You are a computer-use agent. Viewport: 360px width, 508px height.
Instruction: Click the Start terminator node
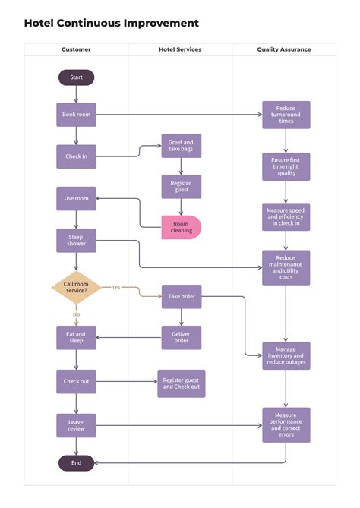click(x=76, y=77)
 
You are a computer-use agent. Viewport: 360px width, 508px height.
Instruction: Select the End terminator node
click(x=76, y=462)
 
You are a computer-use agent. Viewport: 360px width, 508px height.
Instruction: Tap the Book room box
click(x=76, y=115)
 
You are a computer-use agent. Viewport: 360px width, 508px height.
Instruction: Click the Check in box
click(x=76, y=156)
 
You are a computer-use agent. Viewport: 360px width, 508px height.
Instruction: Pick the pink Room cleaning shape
click(x=181, y=227)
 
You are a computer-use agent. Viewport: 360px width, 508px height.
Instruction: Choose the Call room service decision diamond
click(x=76, y=287)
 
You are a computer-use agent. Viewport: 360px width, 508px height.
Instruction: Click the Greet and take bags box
click(x=181, y=146)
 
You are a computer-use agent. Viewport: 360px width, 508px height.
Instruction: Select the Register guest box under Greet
click(x=181, y=186)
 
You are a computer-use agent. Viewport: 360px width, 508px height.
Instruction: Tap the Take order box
click(x=181, y=297)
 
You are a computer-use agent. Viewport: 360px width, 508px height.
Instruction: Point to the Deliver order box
click(x=181, y=337)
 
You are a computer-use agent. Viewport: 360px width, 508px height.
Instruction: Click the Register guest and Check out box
click(x=181, y=383)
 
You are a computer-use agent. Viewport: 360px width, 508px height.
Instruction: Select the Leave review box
click(x=76, y=425)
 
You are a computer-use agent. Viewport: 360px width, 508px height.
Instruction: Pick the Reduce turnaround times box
click(x=286, y=115)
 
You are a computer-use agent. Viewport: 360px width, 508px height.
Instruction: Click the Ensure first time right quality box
click(x=286, y=166)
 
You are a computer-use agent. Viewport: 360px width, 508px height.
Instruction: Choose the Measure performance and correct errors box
click(x=286, y=425)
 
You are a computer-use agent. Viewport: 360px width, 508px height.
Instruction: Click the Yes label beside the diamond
click(x=116, y=287)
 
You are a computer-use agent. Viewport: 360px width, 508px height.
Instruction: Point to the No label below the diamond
click(x=76, y=314)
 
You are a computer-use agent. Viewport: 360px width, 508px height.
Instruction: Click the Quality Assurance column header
click(x=283, y=49)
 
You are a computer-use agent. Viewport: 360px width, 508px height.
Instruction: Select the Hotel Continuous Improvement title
click(x=112, y=24)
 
